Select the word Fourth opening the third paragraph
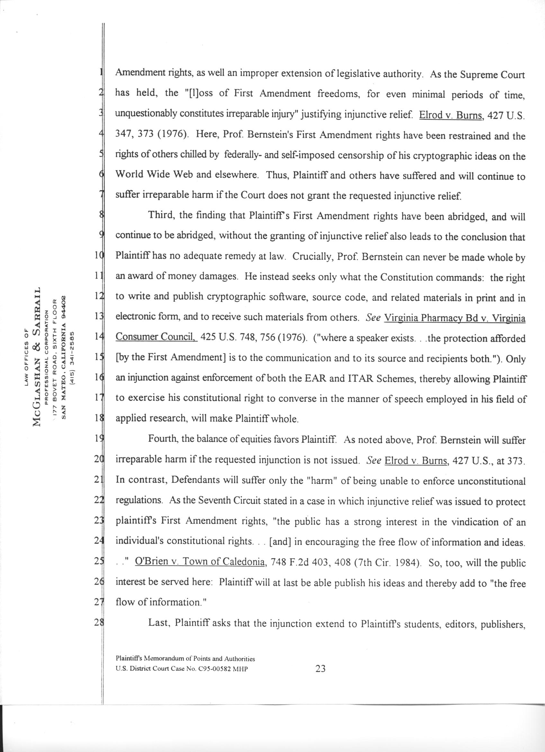(163, 439)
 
